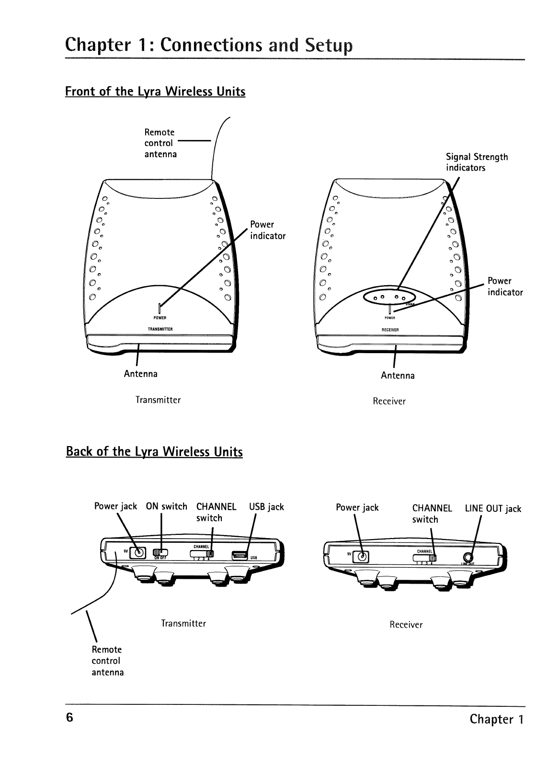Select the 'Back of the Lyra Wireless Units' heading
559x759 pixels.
[154, 452]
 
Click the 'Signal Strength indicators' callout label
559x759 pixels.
[477, 162]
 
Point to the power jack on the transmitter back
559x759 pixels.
[139, 553]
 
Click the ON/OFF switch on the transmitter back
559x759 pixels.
[161, 554]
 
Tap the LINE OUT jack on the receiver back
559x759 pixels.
[468, 557]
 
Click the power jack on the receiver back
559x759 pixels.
[363, 556]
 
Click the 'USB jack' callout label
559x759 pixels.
[266, 507]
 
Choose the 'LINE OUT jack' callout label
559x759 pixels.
[493, 509]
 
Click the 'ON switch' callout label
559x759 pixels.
[166, 506]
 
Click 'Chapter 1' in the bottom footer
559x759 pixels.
[497, 719]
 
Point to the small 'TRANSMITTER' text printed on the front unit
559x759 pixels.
[160, 330]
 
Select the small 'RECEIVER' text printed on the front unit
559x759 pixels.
[390, 330]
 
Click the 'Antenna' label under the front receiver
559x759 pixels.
[398, 376]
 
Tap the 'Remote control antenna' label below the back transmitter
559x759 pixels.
[107, 661]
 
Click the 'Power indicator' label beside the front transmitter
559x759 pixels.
[267, 230]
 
